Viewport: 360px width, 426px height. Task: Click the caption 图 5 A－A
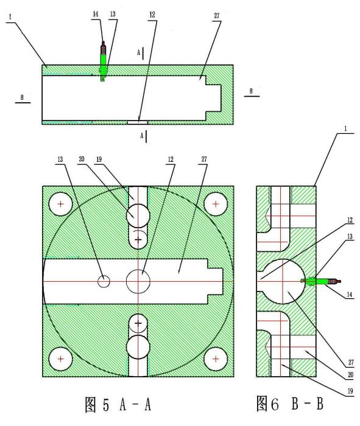click(118, 405)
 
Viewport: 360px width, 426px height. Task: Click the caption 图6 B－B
click(290, 403)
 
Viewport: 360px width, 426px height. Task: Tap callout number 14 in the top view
click(96, 14)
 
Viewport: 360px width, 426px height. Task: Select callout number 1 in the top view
click(10, 16)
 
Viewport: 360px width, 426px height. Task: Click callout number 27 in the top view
click(216, 16)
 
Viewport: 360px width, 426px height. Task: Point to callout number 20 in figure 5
click(82, 159)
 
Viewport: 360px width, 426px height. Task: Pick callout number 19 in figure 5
click(99, 159)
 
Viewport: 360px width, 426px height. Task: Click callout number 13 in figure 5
click(60, 159)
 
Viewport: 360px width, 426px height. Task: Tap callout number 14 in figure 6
click(350, 295)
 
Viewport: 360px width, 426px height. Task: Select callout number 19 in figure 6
click(350, 391)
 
